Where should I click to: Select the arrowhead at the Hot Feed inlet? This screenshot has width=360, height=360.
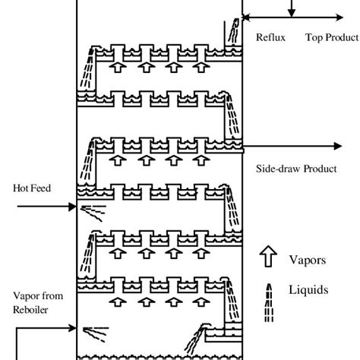point(74,205)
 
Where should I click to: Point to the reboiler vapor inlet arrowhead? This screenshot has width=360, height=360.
point(74,328)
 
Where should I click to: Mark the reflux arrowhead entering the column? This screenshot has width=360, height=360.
point(245,16)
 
